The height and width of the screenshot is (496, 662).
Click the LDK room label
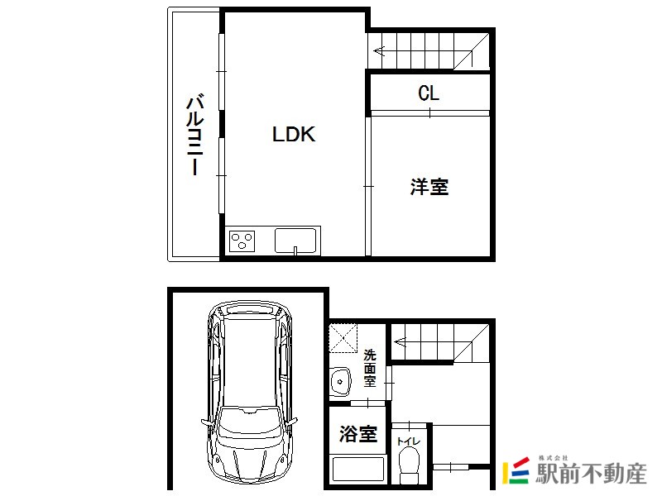click(x=294, y=134)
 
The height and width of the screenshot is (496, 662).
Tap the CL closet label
click(x=429, y=93)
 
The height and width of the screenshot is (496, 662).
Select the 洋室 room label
click(x=429, y=187)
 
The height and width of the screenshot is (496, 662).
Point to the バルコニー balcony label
click(x=195, y=134)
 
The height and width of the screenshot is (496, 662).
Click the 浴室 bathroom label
click(x=358, y=433)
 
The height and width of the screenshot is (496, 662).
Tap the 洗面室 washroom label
click(x=370, y=368)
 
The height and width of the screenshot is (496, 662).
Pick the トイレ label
click(x=408, y=441)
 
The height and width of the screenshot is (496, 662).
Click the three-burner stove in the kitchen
click(x=242, y=241)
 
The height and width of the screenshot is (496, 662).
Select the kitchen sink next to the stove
click(x=295, y=241)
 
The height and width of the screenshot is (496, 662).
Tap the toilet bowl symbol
click(x=409, y=465)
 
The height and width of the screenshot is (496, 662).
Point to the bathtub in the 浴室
click(x=358, y=470)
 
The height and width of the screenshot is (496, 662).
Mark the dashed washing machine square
click(x=343, y=338)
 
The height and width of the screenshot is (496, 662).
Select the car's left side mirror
click(x=206, y=423)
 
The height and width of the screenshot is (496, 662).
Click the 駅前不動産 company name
click(x=591, y=473)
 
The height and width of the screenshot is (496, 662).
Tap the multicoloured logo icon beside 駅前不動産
click(x=516, y=470)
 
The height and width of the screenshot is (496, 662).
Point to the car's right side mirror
click(x=292, y=422)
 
